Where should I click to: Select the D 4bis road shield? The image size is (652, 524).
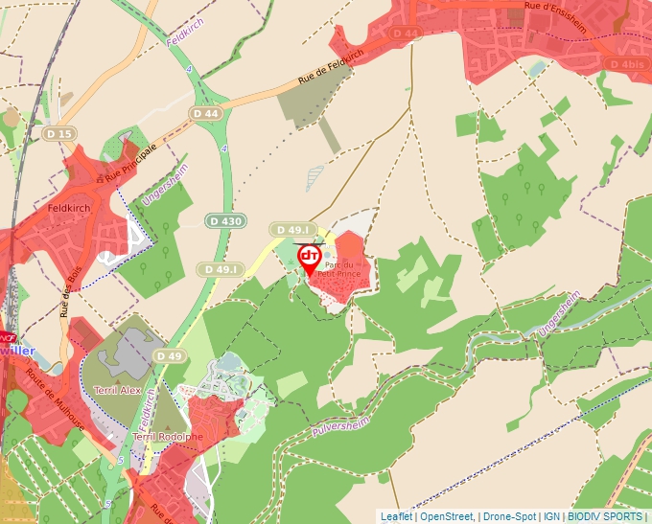pos(625,64)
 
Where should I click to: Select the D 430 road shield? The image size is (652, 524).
pos(225,221)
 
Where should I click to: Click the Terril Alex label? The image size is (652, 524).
pos(118,391)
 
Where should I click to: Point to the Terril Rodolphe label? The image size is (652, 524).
pos(169,437)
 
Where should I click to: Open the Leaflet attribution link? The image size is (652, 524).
pos(396,516)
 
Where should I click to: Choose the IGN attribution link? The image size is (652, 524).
pos(551,516)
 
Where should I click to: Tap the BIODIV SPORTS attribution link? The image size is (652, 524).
pos(605,516)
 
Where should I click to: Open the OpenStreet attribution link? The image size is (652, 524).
pos(448,516)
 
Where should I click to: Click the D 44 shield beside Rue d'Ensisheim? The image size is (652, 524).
pos(407,34)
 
